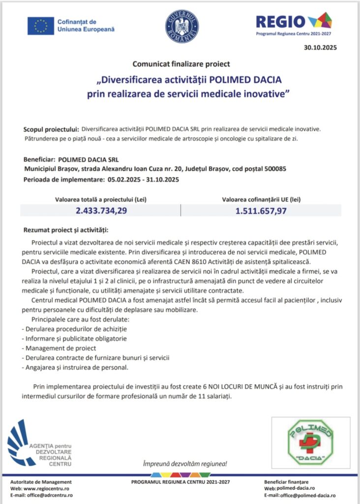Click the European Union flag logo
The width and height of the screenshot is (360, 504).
pos(40,26)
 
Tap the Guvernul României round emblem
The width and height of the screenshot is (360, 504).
pos(181,26)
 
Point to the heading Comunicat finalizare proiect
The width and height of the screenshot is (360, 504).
pos(181,63)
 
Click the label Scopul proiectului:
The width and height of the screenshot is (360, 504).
pos(51,129)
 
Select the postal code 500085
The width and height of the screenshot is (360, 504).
pos(273,169)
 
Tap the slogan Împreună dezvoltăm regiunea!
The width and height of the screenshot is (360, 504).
pos(184,464)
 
